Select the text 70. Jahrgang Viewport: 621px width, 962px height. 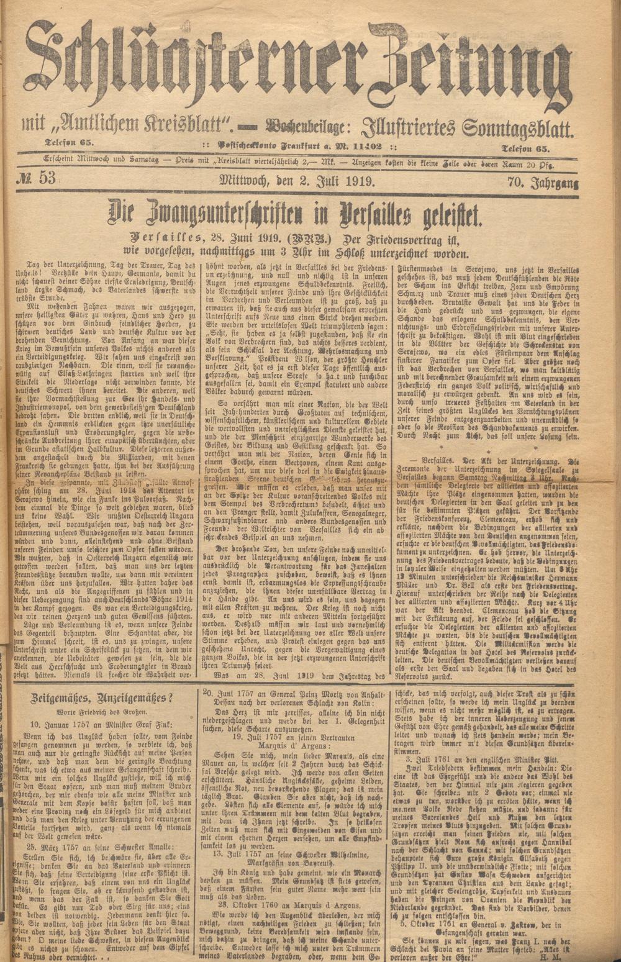(x=543, y=181)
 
